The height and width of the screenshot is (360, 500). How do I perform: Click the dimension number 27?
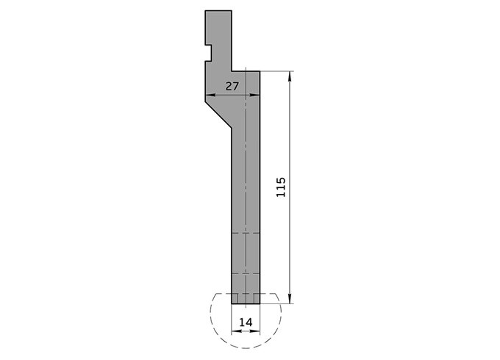coord(232,87)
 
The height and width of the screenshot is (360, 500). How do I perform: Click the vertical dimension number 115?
coord(281,187)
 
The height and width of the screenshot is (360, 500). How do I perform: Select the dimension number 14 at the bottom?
coord(246,321)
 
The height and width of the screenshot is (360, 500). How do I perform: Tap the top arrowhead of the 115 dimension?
coord(291,75)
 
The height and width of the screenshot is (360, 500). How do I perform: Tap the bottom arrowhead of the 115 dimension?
coord(291,299)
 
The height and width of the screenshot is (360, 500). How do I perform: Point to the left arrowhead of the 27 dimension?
coord(209,96)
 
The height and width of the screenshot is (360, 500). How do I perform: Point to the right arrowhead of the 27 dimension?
coord(257,96)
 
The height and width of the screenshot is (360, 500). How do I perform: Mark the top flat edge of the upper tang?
coord(218,12)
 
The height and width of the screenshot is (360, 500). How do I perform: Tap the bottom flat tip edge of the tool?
coord(246,303)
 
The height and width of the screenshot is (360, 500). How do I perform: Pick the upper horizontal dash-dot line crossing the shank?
coord(246,234)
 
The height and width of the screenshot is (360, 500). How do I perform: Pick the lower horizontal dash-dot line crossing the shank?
coord(246,272)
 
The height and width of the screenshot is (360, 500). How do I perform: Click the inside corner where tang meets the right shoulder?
coord(232,71)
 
